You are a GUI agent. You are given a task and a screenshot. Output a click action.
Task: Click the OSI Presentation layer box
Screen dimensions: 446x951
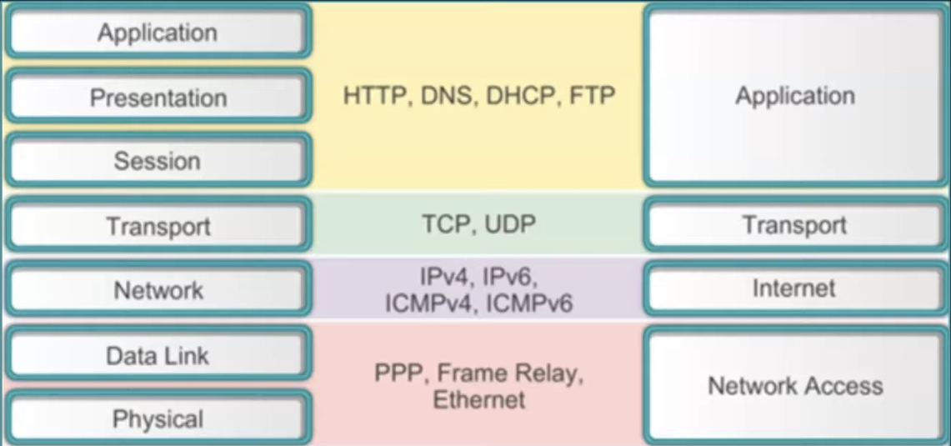pos(158,98)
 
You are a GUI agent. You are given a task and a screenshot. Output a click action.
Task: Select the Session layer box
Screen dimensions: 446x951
pos(158,160)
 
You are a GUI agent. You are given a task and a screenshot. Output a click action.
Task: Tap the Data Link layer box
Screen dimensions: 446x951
pos(158,356)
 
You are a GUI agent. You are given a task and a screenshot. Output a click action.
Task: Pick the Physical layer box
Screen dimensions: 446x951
pos(158,418)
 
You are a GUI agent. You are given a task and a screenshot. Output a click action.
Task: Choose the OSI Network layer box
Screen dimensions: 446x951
pos(158,290)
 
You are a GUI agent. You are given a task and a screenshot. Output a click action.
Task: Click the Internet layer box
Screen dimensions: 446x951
pos(793,288)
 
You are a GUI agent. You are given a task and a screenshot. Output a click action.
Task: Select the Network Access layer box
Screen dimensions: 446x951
pos(794,385)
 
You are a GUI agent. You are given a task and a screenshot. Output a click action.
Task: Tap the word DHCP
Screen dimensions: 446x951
pos(521,96)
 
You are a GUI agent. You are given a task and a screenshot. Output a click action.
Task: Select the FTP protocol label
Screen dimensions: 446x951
pos(592,96)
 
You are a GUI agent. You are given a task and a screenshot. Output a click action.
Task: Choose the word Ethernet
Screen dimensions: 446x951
pos(479,399)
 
